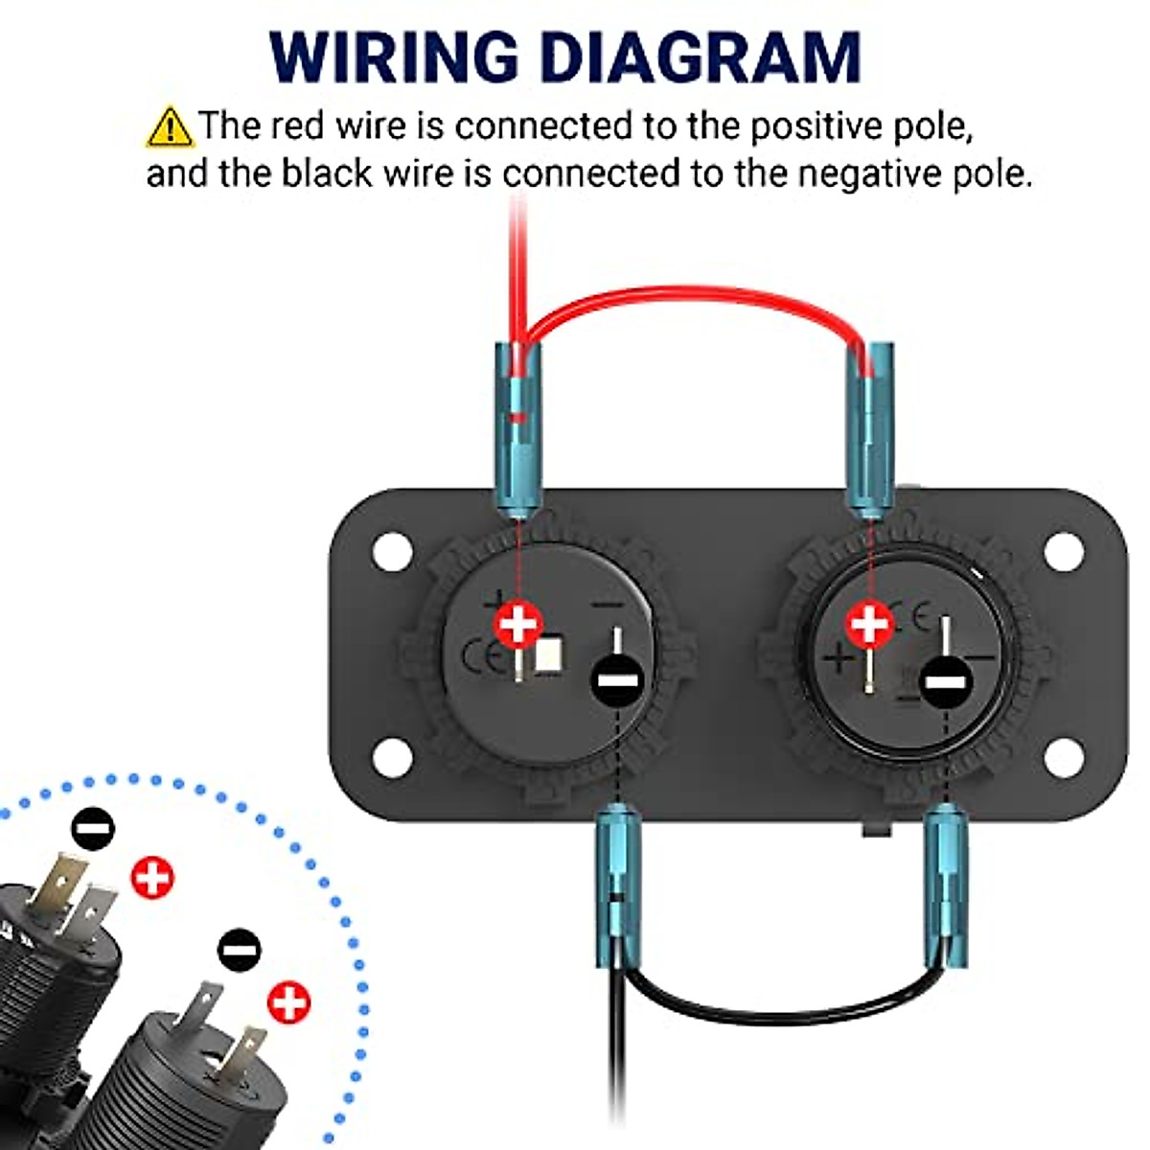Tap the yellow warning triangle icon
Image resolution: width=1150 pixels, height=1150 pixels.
point(169,126)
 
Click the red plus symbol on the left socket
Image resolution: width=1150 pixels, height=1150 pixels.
point(518,624)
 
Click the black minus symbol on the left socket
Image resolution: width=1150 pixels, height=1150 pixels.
point(616,680)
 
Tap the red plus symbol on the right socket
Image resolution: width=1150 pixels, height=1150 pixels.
point(870,624)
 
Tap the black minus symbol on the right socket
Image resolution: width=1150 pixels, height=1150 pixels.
point(945,681)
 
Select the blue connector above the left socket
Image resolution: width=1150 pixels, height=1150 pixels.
point(517,426)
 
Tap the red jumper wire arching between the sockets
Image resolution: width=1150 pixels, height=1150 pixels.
point(690,292)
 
